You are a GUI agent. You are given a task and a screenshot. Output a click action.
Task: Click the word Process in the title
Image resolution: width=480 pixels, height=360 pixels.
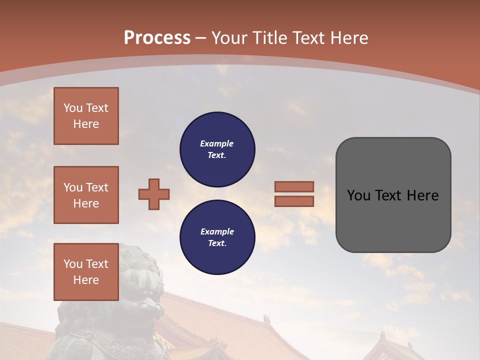click(157, 37)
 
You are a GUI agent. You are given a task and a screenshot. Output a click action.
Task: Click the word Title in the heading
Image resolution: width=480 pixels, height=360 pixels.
click(270, 37)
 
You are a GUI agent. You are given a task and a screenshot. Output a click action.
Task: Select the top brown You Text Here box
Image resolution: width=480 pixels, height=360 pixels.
click(86, 116)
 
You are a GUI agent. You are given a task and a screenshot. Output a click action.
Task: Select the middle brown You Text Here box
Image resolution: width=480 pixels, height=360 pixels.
click(86, 195)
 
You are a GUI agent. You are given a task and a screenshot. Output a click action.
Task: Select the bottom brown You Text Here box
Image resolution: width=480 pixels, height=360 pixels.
click(86, 271)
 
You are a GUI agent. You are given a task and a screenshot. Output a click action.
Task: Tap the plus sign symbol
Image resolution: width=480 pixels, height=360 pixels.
click(154, 194)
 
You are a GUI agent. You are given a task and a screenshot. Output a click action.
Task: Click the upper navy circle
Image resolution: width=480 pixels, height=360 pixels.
click(217, 149)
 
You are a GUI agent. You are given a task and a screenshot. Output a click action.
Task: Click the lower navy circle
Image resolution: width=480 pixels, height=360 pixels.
click(217, 237)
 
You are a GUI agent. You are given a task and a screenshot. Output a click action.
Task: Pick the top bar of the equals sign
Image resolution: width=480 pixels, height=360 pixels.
click(294, 186)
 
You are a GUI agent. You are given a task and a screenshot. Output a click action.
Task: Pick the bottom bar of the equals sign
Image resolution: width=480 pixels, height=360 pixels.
click(294, 201)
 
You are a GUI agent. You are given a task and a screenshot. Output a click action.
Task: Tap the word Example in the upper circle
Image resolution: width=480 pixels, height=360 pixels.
click(216, 143)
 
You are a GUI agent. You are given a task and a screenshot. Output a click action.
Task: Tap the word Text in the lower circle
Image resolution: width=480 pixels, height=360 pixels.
click(216, 243)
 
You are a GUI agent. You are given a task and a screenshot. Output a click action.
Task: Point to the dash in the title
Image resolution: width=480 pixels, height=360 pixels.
click(201, 38)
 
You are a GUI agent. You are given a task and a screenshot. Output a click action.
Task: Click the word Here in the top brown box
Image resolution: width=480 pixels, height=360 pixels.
click(86, 124)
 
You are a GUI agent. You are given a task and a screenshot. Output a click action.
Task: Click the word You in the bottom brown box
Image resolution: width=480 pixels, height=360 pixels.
click(72, 264)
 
